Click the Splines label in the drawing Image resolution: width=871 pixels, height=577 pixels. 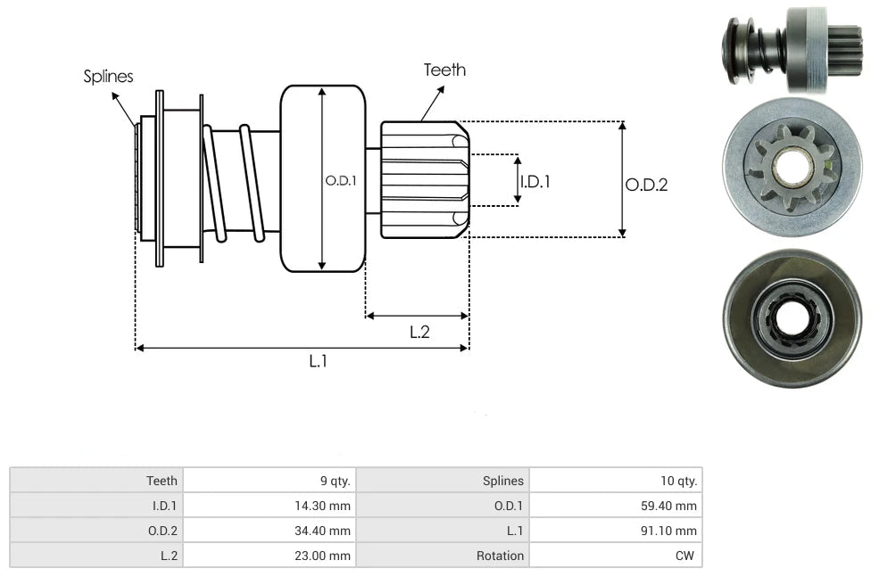pyautogui.click(x=108, y=77)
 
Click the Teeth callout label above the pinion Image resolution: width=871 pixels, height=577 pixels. pyautogui.click(x=444, y=70)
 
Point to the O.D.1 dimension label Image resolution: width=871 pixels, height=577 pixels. pyautogui.click(x=341, y=180)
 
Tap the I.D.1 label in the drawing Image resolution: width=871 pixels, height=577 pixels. pyautogui.click(x=535, y=181)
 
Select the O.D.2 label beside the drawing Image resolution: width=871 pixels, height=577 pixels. pyautogui.click(x=646, y=185)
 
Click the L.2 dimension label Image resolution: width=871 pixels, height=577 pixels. pyautogui.click(x=419, y=332)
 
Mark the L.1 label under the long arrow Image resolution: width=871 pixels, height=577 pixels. pyautogui.click(x=318, y=361)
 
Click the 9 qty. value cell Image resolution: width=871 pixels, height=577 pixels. pyautogui.click(x=336, y=481)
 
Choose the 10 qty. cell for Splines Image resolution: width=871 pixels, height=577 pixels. pyautogui.click(x=679, y=481)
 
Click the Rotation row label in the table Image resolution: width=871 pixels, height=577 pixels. pyautogui.click(x=500, y=556)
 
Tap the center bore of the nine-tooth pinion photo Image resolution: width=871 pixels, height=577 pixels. pyautogui.click(x=791, y=167)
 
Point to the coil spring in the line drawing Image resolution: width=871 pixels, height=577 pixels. pyautogui.click(x=234, y=183)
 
